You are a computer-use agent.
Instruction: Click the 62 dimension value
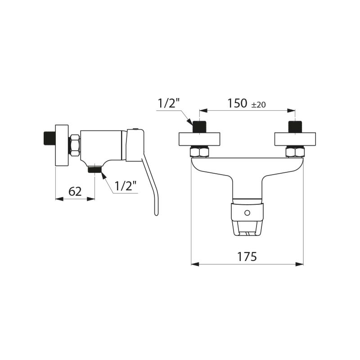pos(75,191)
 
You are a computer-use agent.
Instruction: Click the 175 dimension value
pos(247,256)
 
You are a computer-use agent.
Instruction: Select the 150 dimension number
pos(237,103)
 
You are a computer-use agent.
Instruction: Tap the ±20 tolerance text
pos(258,104)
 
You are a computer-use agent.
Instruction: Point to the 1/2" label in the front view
pos(168,103)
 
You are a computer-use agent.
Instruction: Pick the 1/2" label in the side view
pos(125,186)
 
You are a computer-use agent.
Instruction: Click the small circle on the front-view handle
pos(246,212)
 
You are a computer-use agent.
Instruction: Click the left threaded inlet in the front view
pos(199,126)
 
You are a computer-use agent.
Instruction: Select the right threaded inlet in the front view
pos(295,126)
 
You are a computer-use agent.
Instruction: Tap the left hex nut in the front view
pos(199,152)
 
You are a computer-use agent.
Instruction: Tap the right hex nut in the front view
pos(295,152)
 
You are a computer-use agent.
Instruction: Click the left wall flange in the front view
pos(199,139)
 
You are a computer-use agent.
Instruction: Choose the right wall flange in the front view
pos(295,139)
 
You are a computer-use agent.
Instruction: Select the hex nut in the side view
pos(75,145)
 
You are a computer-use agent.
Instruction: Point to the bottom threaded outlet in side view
pos(94,170)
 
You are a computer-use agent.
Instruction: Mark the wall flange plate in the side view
pos(62,145)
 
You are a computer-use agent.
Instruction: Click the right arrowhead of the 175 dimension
pos(300,264)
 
